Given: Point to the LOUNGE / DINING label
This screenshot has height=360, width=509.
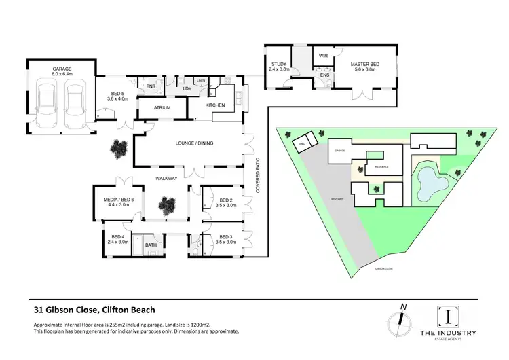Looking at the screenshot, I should (x=190, y=143).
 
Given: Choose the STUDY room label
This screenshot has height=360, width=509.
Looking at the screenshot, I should (x=279, y=65).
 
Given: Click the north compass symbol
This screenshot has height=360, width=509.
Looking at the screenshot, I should (x=400, y=319).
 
